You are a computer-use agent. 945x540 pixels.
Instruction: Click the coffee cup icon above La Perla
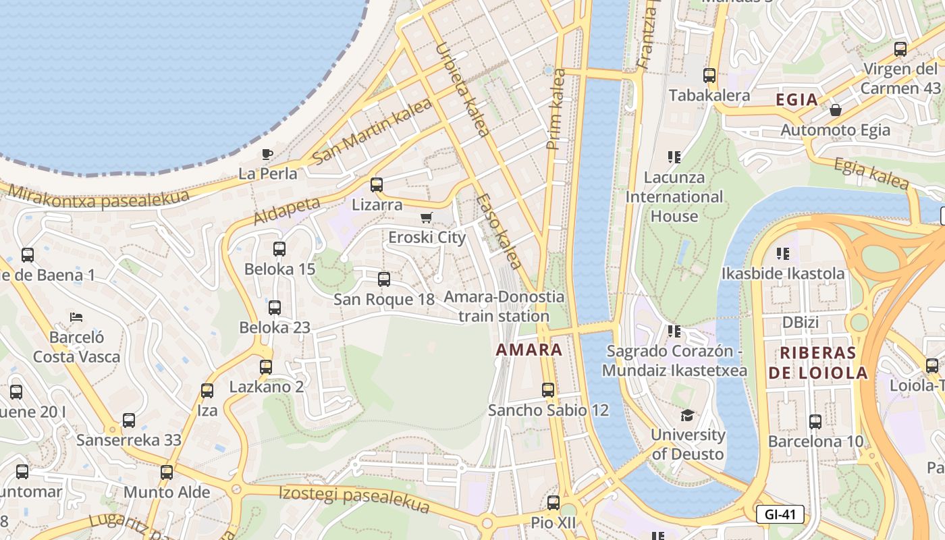tap(267, 154)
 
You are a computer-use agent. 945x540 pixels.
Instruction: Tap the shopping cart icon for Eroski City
tap(426, 217)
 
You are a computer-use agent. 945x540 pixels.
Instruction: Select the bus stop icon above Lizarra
tap(377, 184)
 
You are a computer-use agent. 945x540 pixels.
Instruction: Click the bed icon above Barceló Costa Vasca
tap(76, 317)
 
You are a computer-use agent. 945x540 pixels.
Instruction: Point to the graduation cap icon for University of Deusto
tap(687, 415)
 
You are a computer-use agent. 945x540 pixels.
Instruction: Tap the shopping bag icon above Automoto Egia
tap(836, 109)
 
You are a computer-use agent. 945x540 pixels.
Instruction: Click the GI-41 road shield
tap(780, 514)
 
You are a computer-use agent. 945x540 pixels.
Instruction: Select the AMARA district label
tap(529, 350)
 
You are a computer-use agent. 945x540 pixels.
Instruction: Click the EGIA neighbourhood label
tap(796, 100)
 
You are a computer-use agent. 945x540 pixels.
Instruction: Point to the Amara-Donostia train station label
tap(504, 306)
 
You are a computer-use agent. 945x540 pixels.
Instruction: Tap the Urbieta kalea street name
tap(462, 90)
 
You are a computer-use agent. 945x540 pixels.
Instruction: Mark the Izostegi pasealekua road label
tap(354, 497)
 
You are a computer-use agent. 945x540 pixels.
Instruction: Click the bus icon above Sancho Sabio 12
tap(548, 389)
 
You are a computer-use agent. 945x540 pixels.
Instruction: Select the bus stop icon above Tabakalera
tap(709, 76)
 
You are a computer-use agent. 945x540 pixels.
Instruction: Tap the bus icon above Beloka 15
tap(279, 248)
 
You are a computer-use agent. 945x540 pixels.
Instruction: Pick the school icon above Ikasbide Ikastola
tap(783, 254)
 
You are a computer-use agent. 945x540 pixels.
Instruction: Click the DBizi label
tap(801, 323)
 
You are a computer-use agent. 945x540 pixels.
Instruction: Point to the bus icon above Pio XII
tap(553, 502)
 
